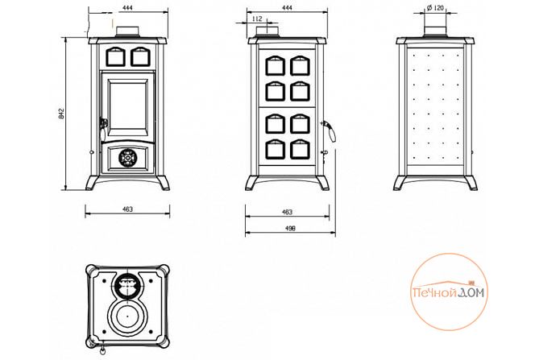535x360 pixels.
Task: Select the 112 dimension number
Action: point(256,18)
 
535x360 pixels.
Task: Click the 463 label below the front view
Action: point(127,209)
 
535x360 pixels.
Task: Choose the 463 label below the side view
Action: point(288,212)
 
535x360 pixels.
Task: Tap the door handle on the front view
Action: point(102,122)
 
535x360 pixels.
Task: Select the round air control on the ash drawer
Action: point(126,156)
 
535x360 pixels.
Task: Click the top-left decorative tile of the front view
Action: point(115,56)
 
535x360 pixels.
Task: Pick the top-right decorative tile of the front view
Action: point(139,56)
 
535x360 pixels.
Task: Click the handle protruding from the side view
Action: point(328,127)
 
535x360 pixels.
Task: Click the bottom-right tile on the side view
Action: point(300,148)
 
